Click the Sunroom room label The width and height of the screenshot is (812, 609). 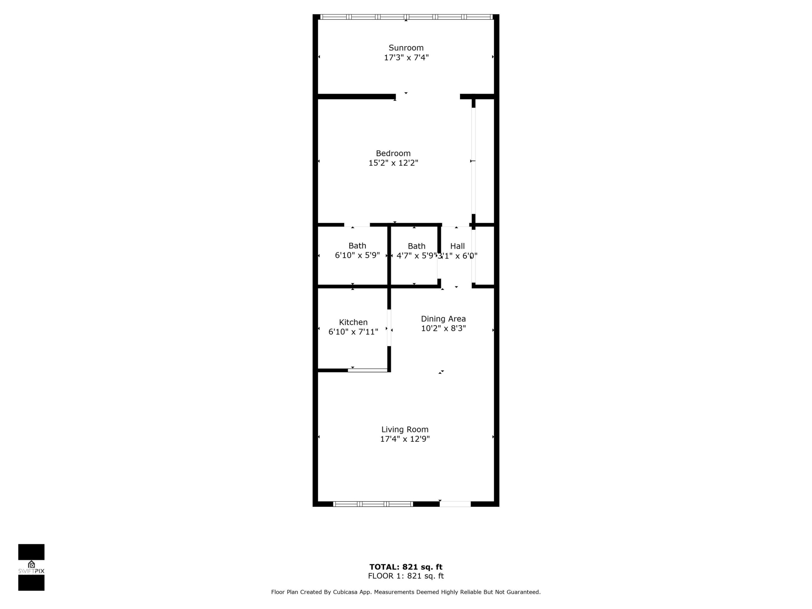tap(406, 48)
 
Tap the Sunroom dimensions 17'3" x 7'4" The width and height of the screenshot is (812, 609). tap(406, 58)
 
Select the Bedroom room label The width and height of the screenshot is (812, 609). tap(393, 153)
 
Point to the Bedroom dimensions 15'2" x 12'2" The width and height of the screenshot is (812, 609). tap(393, 163)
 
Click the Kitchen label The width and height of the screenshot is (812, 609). tap(353, 322)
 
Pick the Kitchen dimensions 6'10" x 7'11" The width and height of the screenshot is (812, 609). tap(353, 332)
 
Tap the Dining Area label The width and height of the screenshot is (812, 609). tap(443, 319)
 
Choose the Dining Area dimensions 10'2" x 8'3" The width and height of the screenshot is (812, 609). tap(443, 328)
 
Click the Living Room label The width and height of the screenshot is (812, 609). tap(405, 429)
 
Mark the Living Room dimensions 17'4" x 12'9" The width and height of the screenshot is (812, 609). tap(405, 439)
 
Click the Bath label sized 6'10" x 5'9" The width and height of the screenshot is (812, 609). tap(357, 246)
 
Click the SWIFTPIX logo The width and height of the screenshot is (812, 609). tap(31, 568)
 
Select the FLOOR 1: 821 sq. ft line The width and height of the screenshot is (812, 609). tap(406, 576)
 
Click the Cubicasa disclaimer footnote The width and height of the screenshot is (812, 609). tap(406, 592)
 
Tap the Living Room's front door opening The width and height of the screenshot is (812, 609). tap(455, 504)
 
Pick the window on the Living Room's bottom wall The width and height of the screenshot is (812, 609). tap(373, 504)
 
